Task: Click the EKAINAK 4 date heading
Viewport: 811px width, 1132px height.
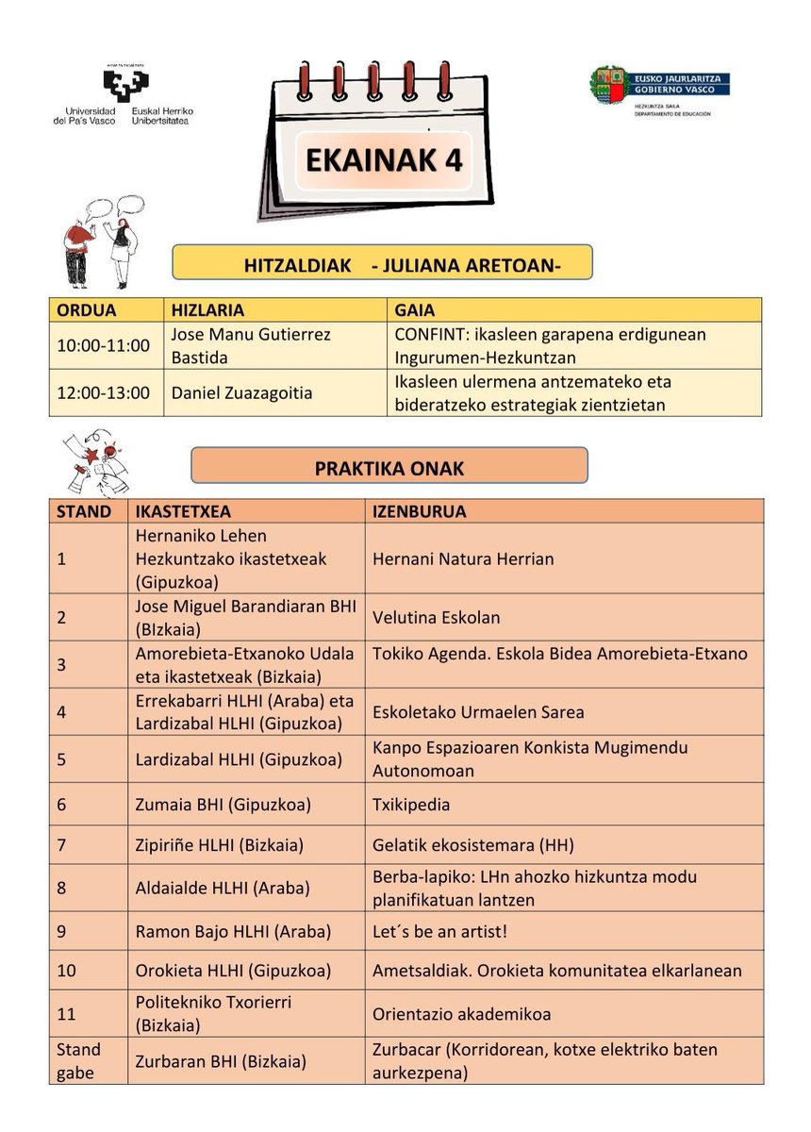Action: [384, 159]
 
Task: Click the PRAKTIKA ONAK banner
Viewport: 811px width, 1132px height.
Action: [389, 466]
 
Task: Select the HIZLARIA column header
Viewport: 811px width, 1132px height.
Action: [207, 309]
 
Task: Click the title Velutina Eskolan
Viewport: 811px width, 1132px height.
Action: [436, 618]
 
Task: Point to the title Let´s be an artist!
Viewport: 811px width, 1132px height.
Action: [440, 931]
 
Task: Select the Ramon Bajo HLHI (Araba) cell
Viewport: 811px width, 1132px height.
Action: [233, 931]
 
